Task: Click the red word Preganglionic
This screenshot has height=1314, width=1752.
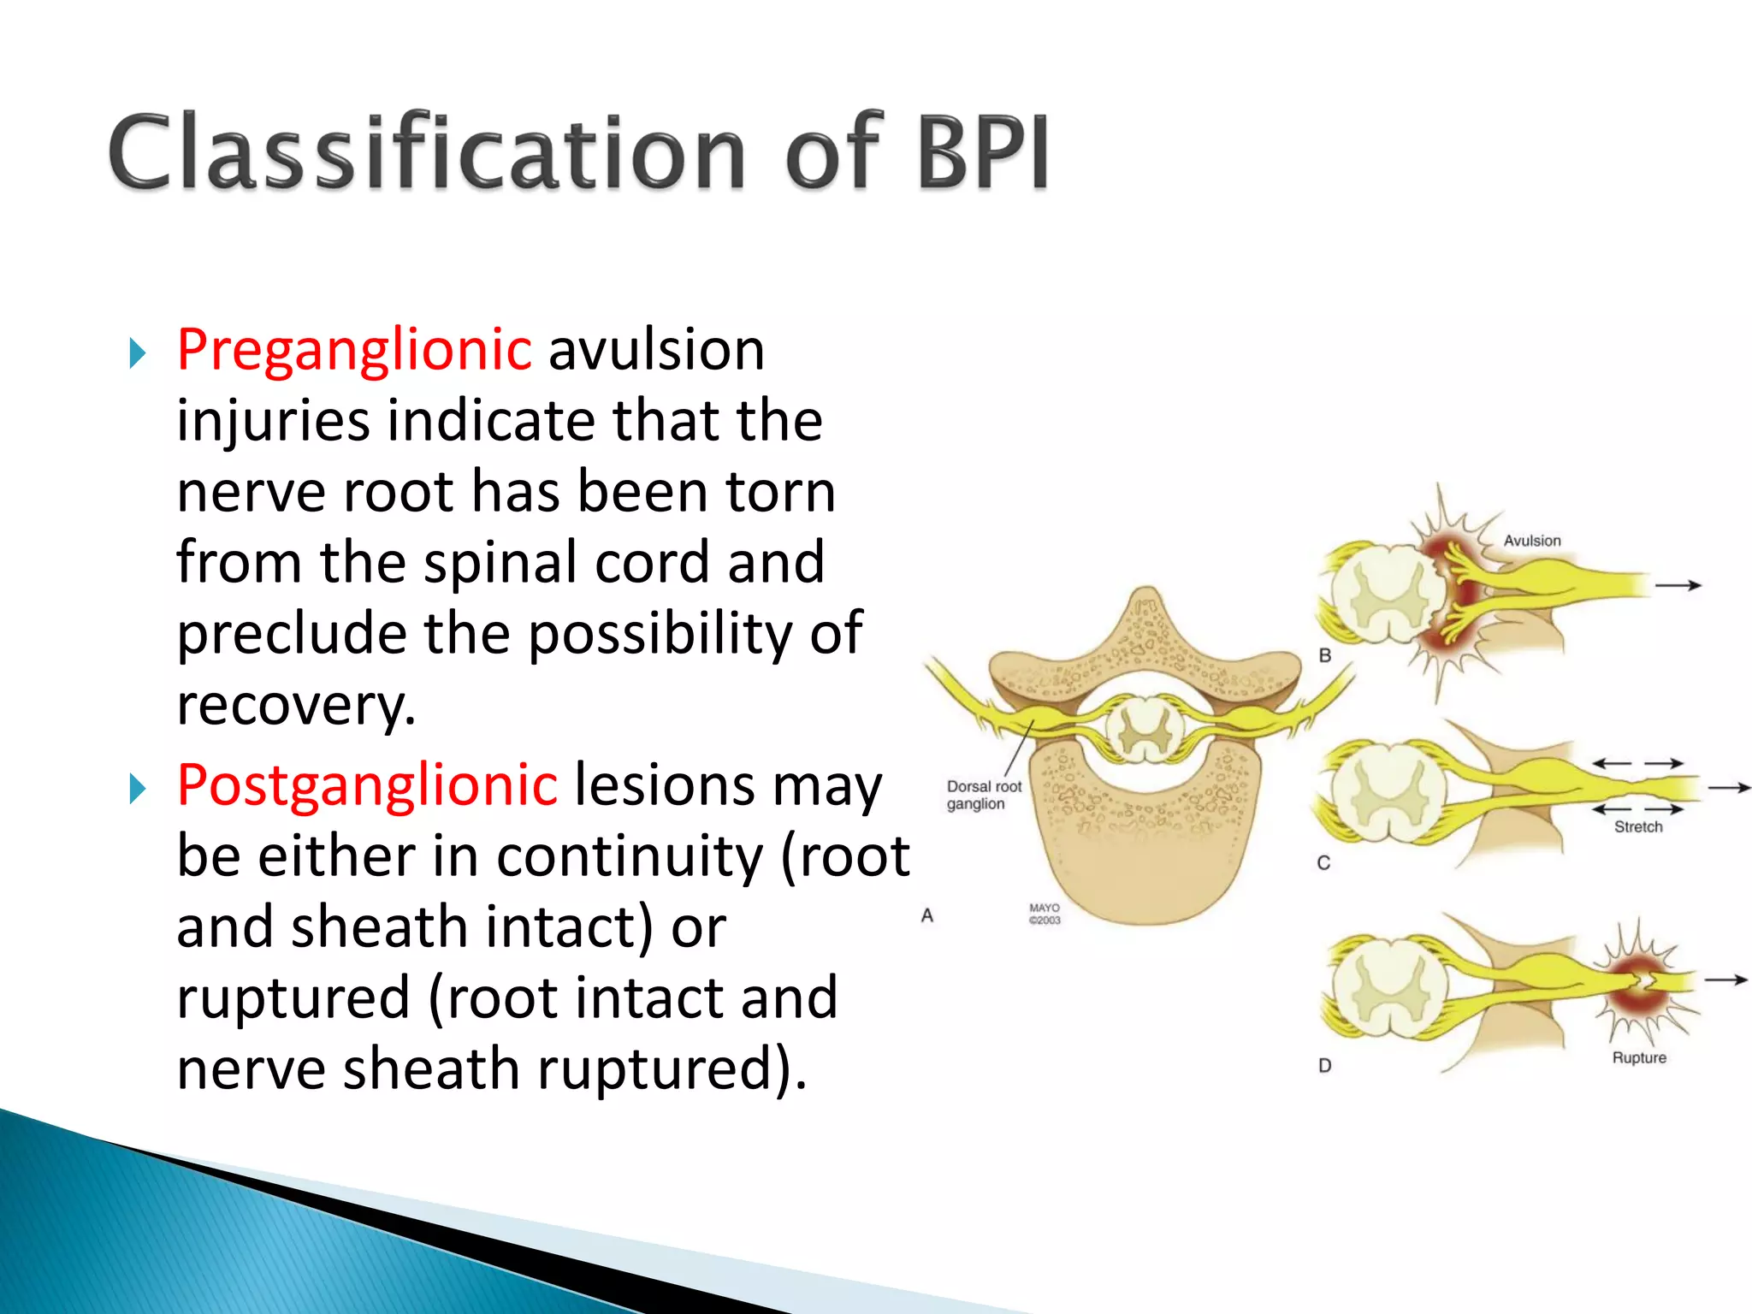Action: tap(354, 351)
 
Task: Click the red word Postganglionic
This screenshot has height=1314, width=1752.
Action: tap(367, 785)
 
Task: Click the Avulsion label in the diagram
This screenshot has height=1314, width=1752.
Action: tap(1531, 541)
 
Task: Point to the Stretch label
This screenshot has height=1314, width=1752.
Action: tap(1637, 827)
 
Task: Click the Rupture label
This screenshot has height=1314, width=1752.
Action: tap(1638, 1058)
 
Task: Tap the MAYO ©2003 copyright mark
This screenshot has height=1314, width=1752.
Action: tap(1044, 914)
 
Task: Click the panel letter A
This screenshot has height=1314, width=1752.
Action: tap(926, 916)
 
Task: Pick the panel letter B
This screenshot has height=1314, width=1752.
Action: tap(1324, 656)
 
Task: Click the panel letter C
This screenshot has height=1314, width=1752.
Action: tap(1323, 863)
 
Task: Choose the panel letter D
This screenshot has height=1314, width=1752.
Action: tap(1324, 1066)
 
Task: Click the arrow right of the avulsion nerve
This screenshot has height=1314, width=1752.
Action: tap(1677, 586)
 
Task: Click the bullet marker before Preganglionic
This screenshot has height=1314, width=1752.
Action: tap(137, 353)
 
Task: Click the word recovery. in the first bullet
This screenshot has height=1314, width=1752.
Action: tap(296, 706)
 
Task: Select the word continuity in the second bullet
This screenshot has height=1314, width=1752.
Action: tap(630, 856)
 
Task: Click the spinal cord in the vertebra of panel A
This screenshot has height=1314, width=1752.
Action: tap(1145, 730)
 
